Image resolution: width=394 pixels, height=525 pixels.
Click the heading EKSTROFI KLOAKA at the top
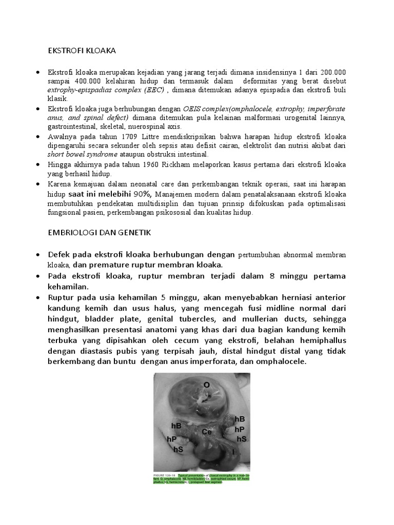(82, 51)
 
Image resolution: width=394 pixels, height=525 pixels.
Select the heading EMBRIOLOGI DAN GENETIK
(99, 233)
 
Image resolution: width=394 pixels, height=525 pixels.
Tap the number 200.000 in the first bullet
(333, 73)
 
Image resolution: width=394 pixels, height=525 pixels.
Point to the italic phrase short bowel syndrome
(82, 154)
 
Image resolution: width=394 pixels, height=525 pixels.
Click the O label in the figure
(206, 385)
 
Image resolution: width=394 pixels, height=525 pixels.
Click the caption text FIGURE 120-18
(165, 476)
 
